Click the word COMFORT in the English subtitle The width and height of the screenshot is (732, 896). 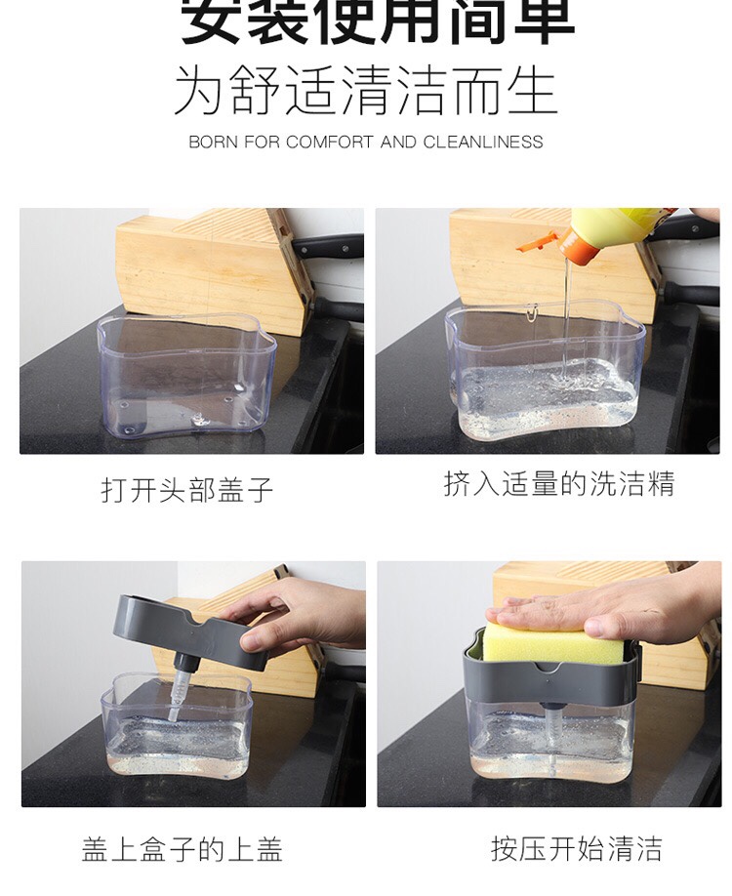pos(330,142)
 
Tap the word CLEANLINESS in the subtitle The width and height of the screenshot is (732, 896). pos(482,142)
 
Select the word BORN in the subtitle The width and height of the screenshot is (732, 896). pos(213,142)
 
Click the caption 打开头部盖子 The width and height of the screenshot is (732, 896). pos(187,489)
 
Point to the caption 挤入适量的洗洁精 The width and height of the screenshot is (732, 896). pos(558,484)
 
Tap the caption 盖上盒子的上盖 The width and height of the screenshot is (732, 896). pos(183,849)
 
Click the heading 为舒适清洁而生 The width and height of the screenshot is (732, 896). pos(365,91)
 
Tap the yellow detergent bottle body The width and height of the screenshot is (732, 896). pos(615,226)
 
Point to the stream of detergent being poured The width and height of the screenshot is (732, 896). pos(565,312)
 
